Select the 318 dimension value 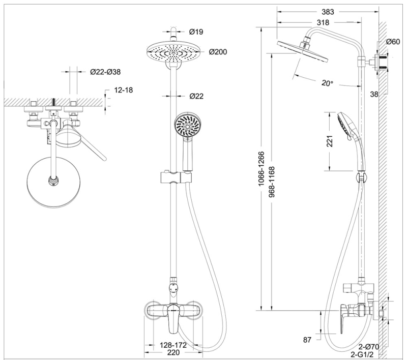tap(322, 22)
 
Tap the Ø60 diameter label tap(392, 42)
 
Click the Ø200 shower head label tap(218, 51)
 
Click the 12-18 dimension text tap(123, 90)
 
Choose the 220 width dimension tap(173, 352)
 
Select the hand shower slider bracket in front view tap(175, 178)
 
